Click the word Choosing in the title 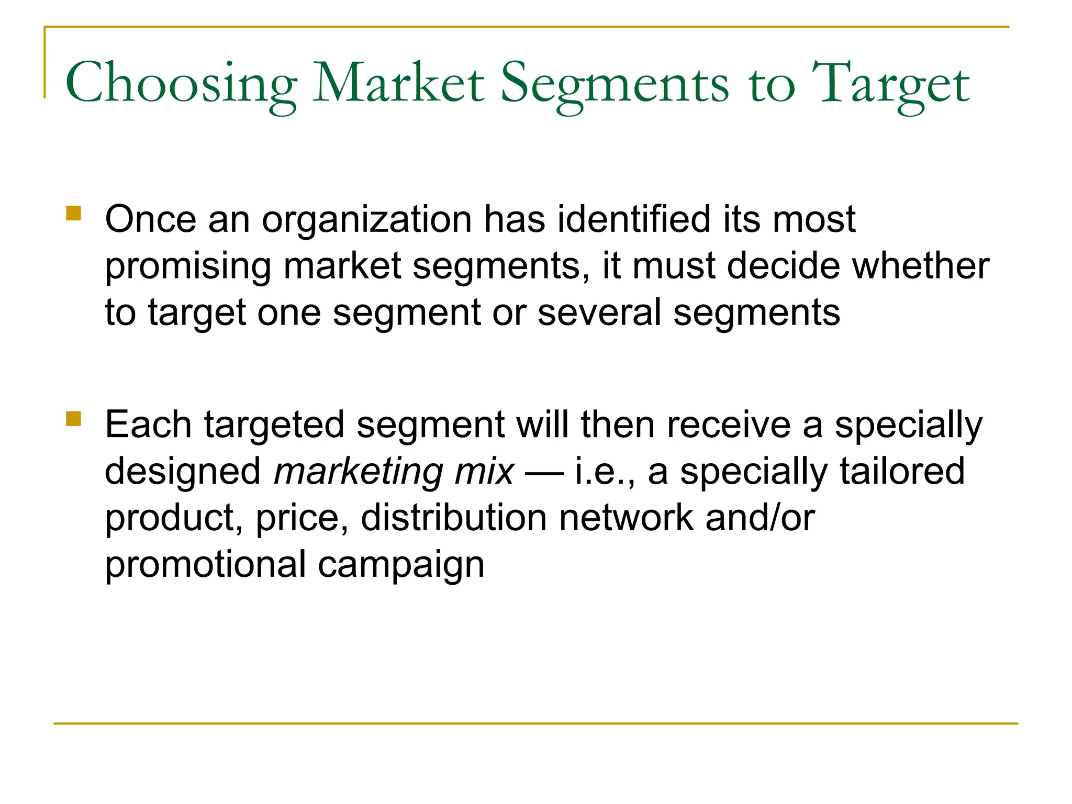click(181, 84)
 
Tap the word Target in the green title click(890, 84)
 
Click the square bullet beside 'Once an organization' click(74, 214)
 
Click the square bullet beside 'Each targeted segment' click(74, 419)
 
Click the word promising click(187, 266)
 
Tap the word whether click(921, 265)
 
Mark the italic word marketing click(358, 472)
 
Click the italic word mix click(484, 471)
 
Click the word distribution click(454, 518)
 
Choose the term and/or click(760, 518)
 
